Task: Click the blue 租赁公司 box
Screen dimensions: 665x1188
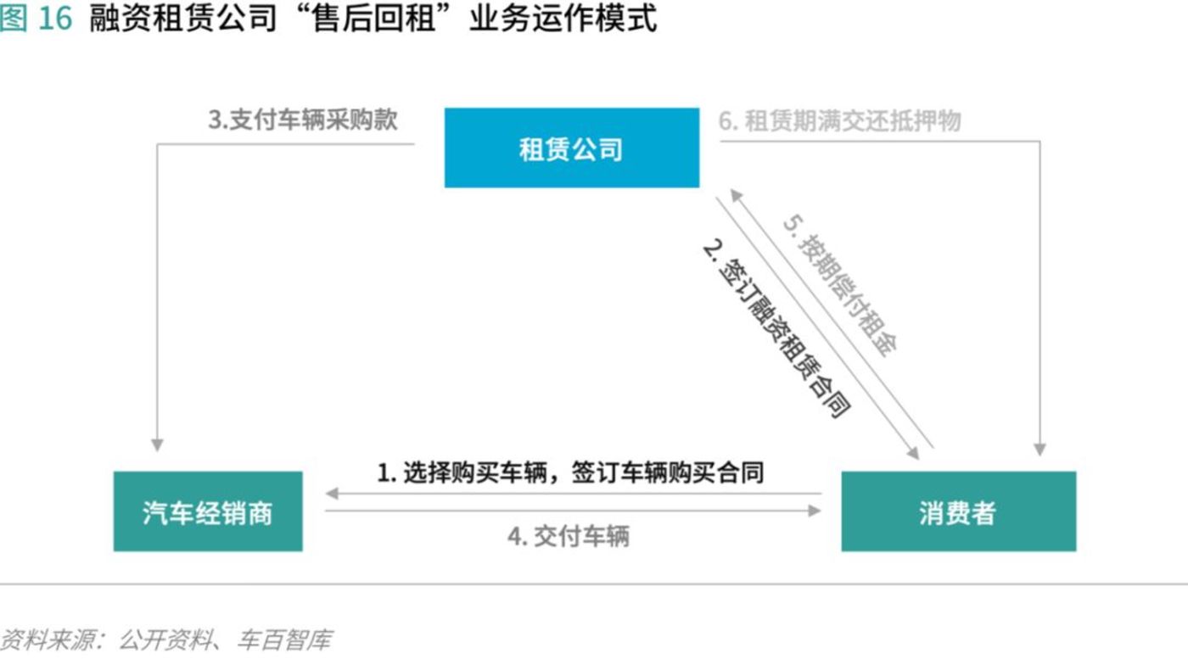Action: point(572,148)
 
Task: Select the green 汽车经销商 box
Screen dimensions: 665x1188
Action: point(208,511)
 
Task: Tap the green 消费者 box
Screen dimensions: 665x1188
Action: point(958,511)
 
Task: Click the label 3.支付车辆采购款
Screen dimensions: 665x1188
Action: point(303,120)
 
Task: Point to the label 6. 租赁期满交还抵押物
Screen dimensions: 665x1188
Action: point(840,120)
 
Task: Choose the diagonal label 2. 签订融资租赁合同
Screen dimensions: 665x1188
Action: point(776,331)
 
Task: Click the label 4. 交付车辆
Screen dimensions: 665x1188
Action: point(569,536)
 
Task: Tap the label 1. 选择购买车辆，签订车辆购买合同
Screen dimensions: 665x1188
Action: point(570,472)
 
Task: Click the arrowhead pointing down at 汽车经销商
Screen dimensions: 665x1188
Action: point(157,444)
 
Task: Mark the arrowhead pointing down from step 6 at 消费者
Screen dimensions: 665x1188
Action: point(1039,449)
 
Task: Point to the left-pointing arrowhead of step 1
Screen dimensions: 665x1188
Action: point(333,494)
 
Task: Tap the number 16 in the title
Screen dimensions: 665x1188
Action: point(55,18)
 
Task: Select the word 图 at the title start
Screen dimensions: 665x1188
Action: point(14,18)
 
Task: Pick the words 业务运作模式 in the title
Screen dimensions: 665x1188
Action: point(563,18)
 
